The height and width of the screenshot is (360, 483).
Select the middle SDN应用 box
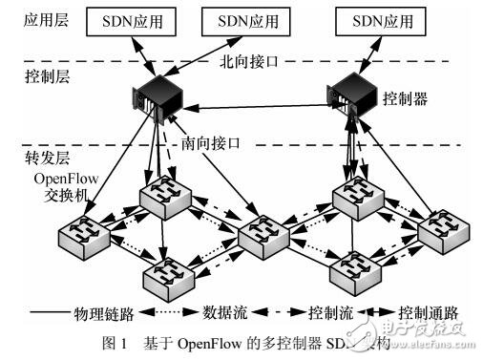tap(247, 22)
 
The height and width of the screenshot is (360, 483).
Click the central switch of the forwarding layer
tap(262, 234)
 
